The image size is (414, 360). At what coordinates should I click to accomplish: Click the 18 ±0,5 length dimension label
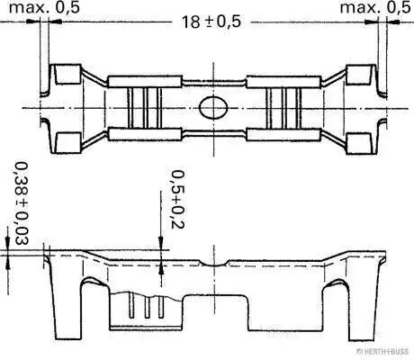pos(211,22)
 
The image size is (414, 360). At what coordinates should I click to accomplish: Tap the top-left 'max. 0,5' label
pos(44,7)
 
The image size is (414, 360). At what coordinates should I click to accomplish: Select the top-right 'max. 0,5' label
pos(375,7)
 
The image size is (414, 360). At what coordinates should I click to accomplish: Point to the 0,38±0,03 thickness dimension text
pos(22,203)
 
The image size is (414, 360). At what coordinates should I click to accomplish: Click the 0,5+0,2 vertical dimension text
pos(177,200)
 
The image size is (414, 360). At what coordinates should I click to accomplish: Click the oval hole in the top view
pos(213,107)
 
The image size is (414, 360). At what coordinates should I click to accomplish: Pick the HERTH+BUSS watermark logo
pos(382,351)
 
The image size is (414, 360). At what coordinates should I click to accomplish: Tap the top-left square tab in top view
pos(68,74)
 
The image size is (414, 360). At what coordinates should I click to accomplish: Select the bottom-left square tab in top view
pos(68,142)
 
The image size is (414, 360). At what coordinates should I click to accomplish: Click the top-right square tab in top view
pos(359,74)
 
